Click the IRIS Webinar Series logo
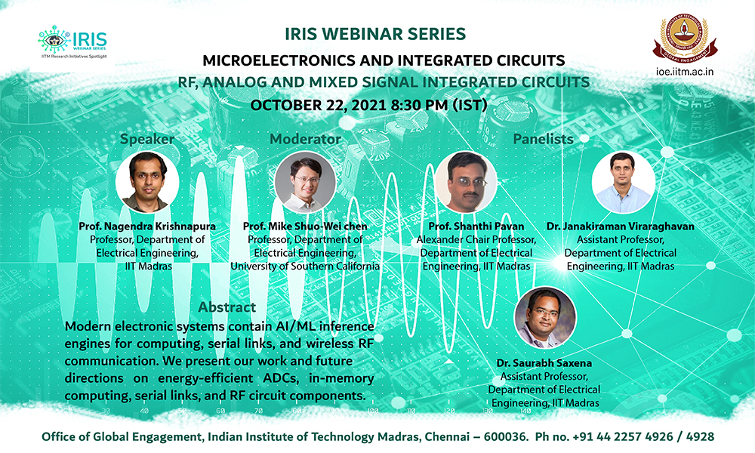[72, 42]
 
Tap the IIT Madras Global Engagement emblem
[684, 39]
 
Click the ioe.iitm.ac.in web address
[685, 72]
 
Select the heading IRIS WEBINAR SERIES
[375, 34]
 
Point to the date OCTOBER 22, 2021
[319, 105]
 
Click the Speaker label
[147, 139]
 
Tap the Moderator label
[305, 139]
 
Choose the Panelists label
[543, 139]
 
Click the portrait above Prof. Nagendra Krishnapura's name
[147, 182]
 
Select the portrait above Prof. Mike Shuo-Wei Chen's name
[305, 182]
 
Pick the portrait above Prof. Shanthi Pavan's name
[466, 182]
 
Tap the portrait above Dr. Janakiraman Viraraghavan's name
[623, 182]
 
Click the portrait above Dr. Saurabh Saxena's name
[545, 318]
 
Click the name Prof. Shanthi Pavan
[476, 226]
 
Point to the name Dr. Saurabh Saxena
[544, 363]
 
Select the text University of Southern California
[305, 267]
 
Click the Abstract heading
[226, 307]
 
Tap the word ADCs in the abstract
[281, 378]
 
